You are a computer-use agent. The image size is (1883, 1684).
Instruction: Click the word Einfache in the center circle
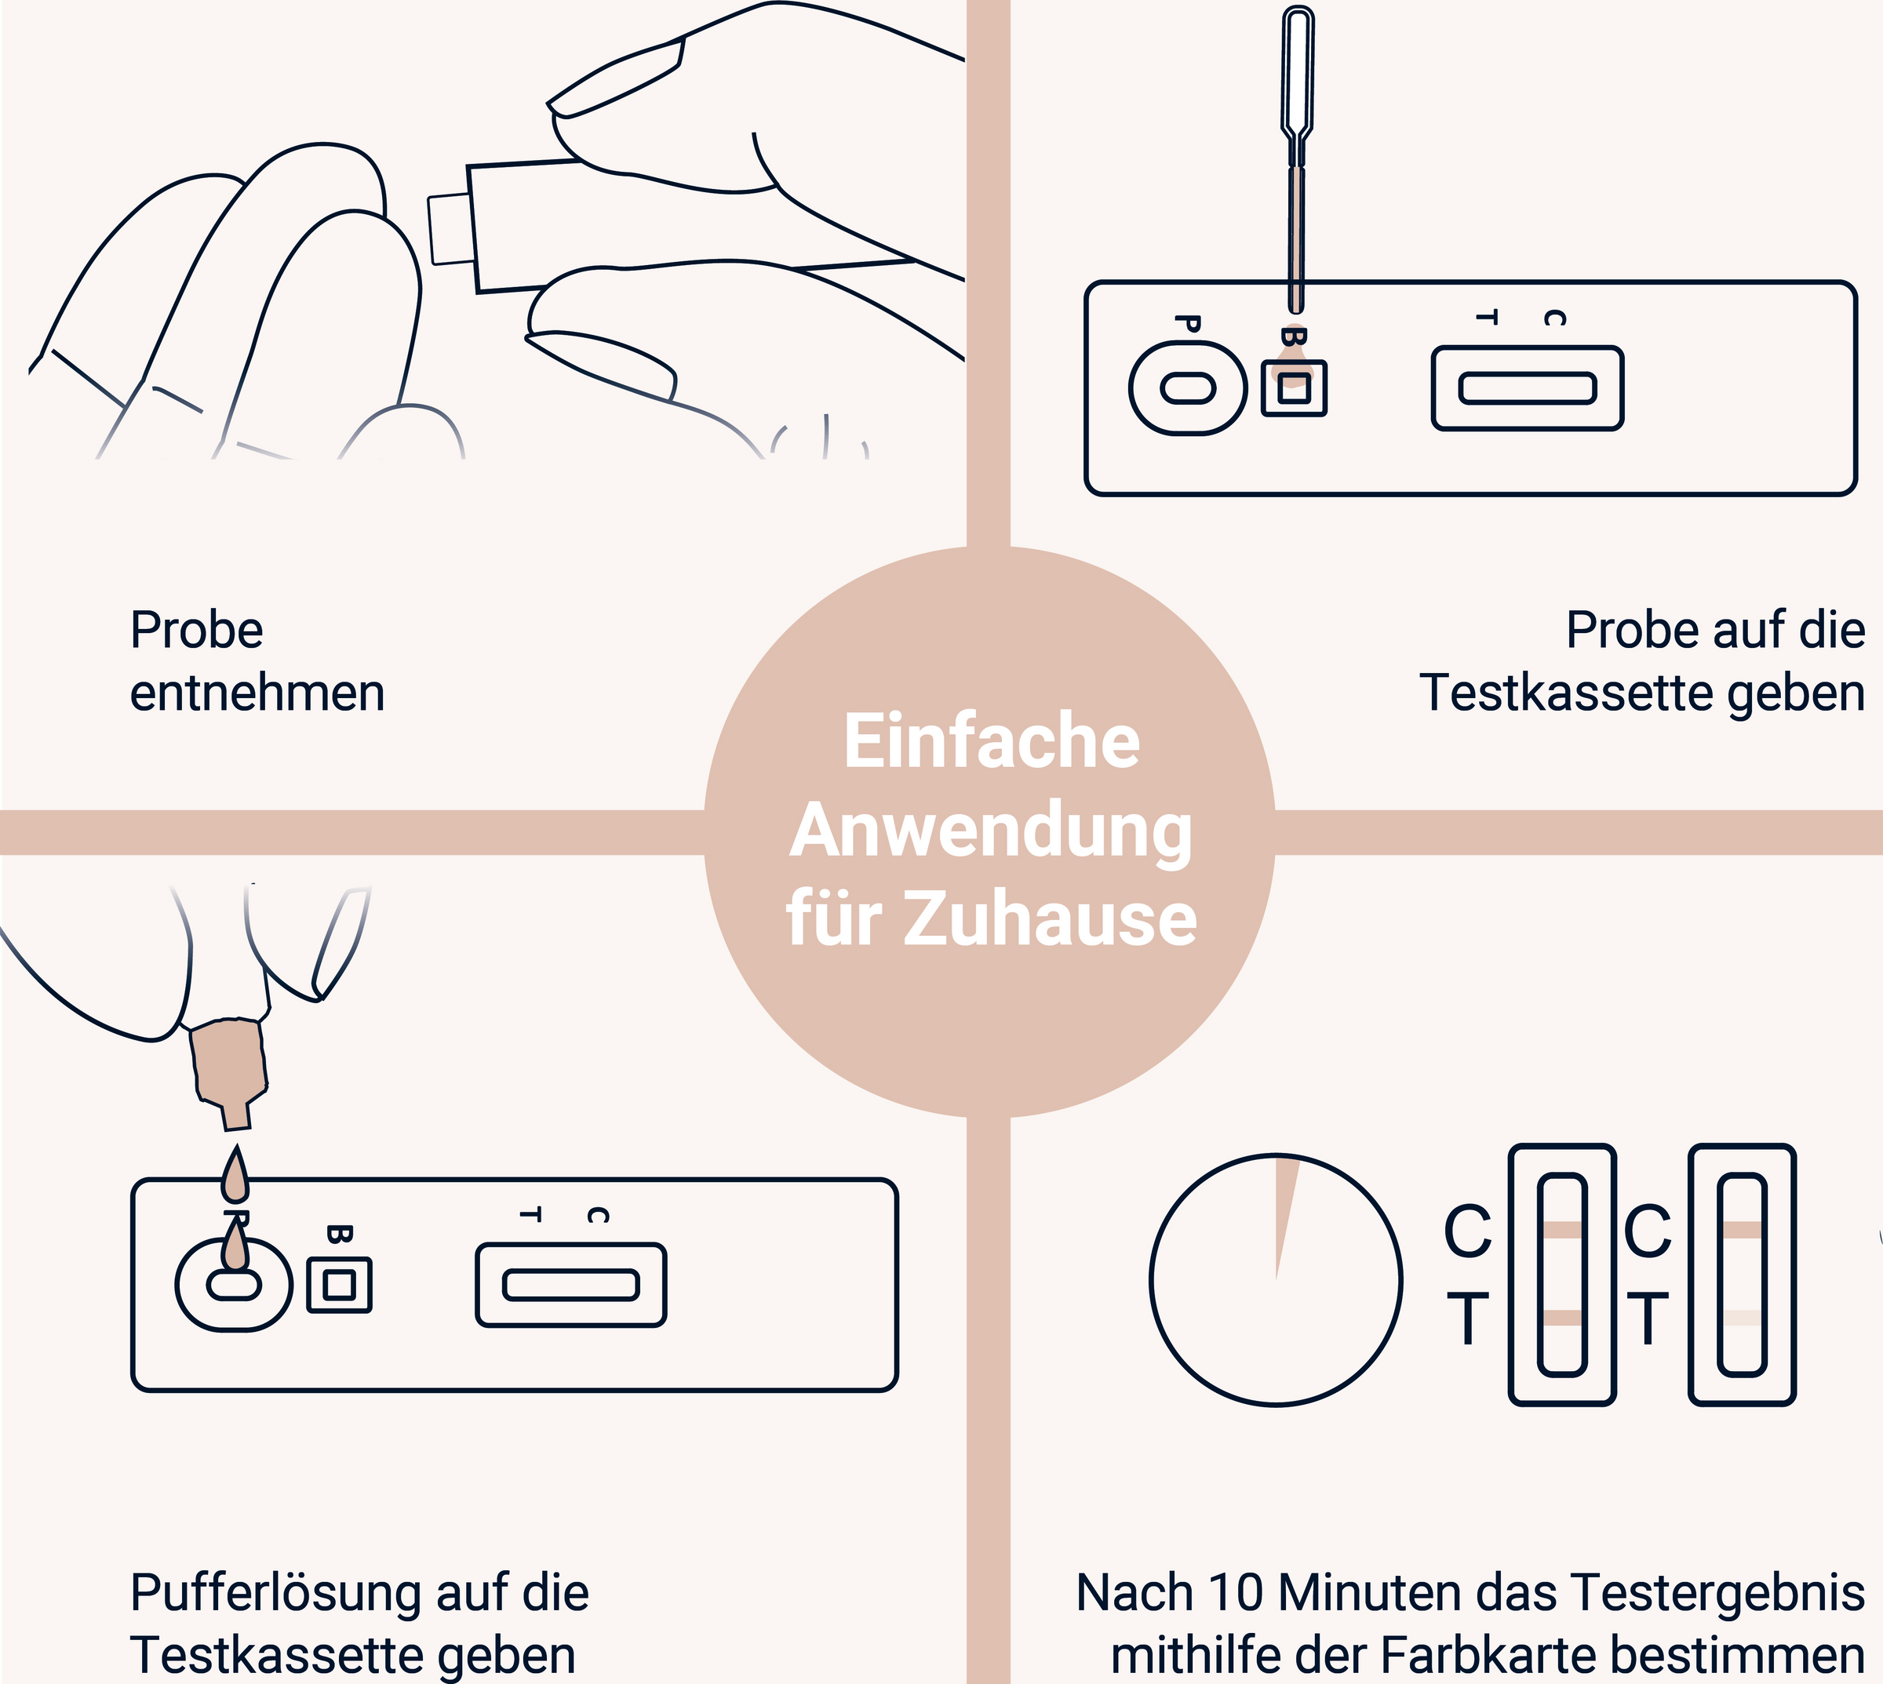(x=991, y=742)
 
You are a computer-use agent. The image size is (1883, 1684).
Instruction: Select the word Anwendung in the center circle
(x=991, y=831)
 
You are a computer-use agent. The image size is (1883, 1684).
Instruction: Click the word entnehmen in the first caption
(x=257, y=694)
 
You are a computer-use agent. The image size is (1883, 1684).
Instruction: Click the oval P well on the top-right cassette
(x=1188, y=387)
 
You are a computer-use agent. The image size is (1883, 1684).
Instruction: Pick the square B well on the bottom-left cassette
(x=340, y=1286)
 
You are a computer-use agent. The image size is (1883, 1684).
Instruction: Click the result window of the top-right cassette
(x=1528, y=388)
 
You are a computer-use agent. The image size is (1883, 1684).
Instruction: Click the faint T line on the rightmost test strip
(x=1743, y=1318)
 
